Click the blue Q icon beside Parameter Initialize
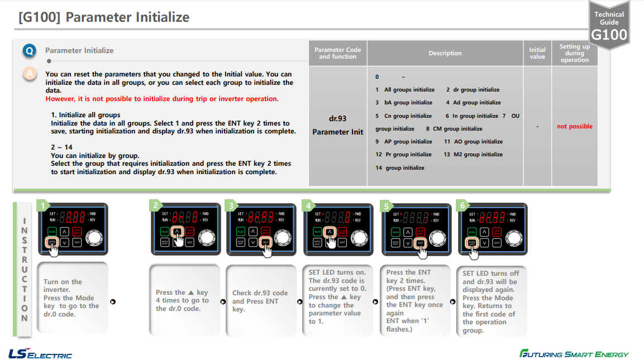(x=30, y=51)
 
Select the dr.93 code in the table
(x=337, y=118)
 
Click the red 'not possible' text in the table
(x=574, y=127)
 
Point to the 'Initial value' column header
(x=537, y=53)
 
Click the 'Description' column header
(x=445, y=53)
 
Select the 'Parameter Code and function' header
(x=337, y=53)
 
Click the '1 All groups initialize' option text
(x=405, y=90)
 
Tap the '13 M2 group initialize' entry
(x=473, y=155)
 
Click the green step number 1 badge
(x=42, y=205)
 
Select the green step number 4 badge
(x=308, y=205)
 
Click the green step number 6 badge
(x=462, y=205)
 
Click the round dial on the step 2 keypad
(x=207, y=237)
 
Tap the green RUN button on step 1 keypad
(x=52, y=231)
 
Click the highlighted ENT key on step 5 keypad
(x=420, y=243)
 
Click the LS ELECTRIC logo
(x=40, y=354)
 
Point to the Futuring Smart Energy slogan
(x=574, y=354)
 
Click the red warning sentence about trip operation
(x=162, y=99)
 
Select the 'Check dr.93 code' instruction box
(x=260, y=301)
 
